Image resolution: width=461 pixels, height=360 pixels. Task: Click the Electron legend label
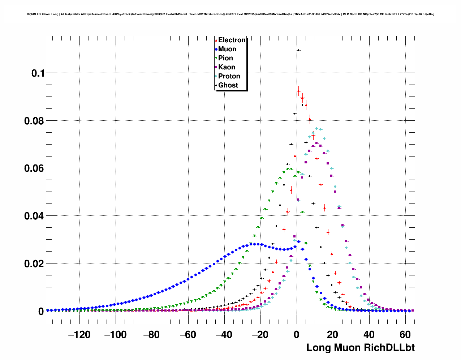click(x=232, y=40)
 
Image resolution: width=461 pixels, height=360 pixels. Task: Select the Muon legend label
click(x=227, y=49)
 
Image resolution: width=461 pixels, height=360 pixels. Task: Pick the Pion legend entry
click(x=225, y=58)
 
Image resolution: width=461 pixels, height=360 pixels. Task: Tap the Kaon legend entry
click(x=227, y=67)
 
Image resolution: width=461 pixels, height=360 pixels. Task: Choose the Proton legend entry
click(x=229, y=76)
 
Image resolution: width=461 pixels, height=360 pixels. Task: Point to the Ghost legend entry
click(x=228, y=85)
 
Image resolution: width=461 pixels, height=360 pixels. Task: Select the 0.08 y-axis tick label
click(x=34, y=121)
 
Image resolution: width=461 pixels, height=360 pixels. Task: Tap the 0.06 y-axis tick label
click(x=34, y=168)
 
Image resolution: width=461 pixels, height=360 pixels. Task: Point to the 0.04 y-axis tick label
click(x=34, y=216)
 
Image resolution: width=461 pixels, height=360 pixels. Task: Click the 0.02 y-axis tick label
click(x=34, y=264)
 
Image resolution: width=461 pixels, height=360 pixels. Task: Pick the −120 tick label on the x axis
click(x=79, y=335)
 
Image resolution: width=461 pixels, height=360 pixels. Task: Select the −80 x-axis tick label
click(x=151, y=335)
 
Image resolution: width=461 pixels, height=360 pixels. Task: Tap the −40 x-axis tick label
click(x=224, y=335)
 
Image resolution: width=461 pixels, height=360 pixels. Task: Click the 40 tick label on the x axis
click(x=369, y=335)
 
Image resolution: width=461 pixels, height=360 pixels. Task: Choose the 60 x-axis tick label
click(x=405, y=335)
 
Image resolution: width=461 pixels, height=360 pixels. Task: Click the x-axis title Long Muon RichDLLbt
click(x=360, y=348)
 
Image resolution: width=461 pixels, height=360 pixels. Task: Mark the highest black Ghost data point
click(x=298, y=50)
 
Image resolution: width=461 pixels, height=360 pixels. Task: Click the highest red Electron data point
click(x=298, y=91)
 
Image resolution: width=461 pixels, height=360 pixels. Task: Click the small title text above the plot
click(x=231, y=14)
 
